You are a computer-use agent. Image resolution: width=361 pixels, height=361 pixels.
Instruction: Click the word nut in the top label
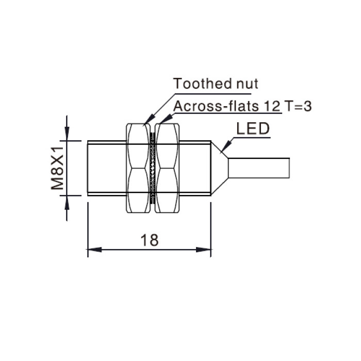click(248, 84)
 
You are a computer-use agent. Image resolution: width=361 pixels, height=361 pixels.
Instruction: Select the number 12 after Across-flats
click(272, 106)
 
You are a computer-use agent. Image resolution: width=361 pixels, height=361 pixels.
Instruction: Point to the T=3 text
click(298, 106)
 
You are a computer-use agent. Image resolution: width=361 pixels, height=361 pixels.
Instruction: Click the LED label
click(253, 128)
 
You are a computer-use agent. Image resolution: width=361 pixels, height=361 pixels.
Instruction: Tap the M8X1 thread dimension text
click(57, 168)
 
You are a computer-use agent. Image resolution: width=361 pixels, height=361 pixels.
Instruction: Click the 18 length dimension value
click(150, 240)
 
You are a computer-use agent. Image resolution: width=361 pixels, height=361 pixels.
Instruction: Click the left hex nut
click(138, 168)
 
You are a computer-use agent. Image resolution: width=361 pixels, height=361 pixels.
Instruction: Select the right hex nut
click(167, 168)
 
